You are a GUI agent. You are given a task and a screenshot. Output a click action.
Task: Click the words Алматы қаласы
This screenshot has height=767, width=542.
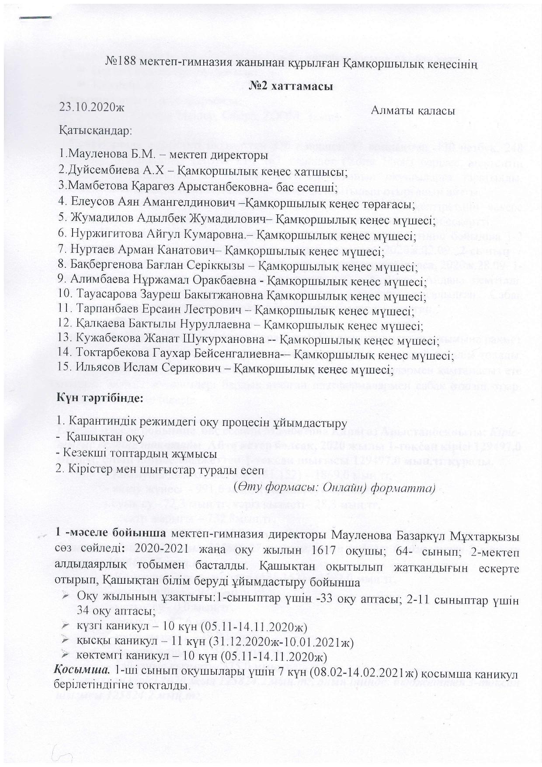click(413, 111)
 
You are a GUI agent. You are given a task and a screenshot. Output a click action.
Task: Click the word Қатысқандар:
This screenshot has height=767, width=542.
click(96, 130)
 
